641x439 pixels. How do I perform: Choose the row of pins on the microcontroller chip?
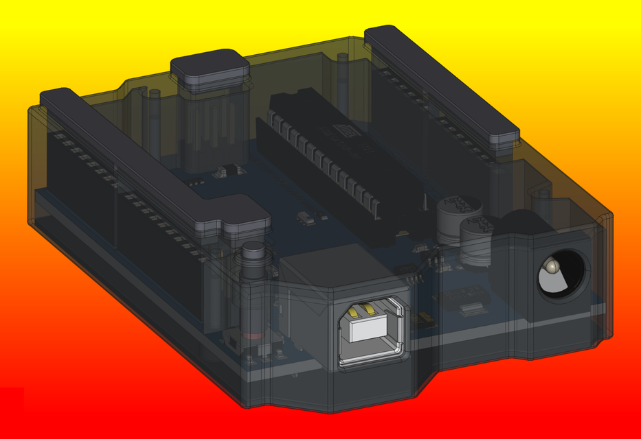tap(323, 165)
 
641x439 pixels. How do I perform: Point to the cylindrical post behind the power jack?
tap(543, 202)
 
